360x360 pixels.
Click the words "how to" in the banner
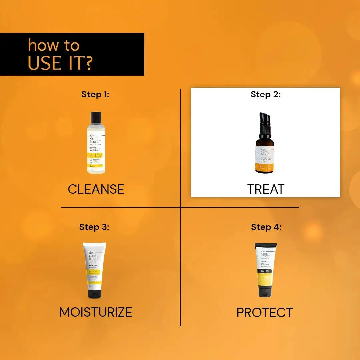(x=53, y=45)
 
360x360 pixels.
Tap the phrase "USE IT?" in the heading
(x=60, y=63)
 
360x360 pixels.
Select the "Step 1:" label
(x=95, y=94)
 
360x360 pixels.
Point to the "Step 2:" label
(x=266, y=94)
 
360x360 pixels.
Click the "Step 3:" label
(x=94, y=227)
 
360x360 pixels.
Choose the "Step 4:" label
(x=266, y=227)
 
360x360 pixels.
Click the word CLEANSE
(x=96, y=189)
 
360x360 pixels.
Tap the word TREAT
(x=266, y=189)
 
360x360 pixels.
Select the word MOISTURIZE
(x=96, y=312)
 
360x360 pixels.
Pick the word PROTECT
(x=265, y=313)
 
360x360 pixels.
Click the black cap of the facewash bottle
(x=96, y=118)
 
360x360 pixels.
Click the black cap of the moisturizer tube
(x=95, y=294)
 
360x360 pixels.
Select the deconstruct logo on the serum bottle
(x=265, y=152)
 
